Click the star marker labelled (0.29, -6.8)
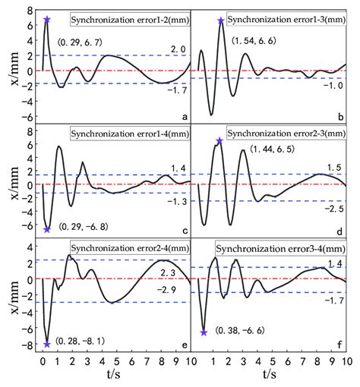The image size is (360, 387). coord(47,229)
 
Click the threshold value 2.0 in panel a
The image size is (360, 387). coord(173,49)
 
